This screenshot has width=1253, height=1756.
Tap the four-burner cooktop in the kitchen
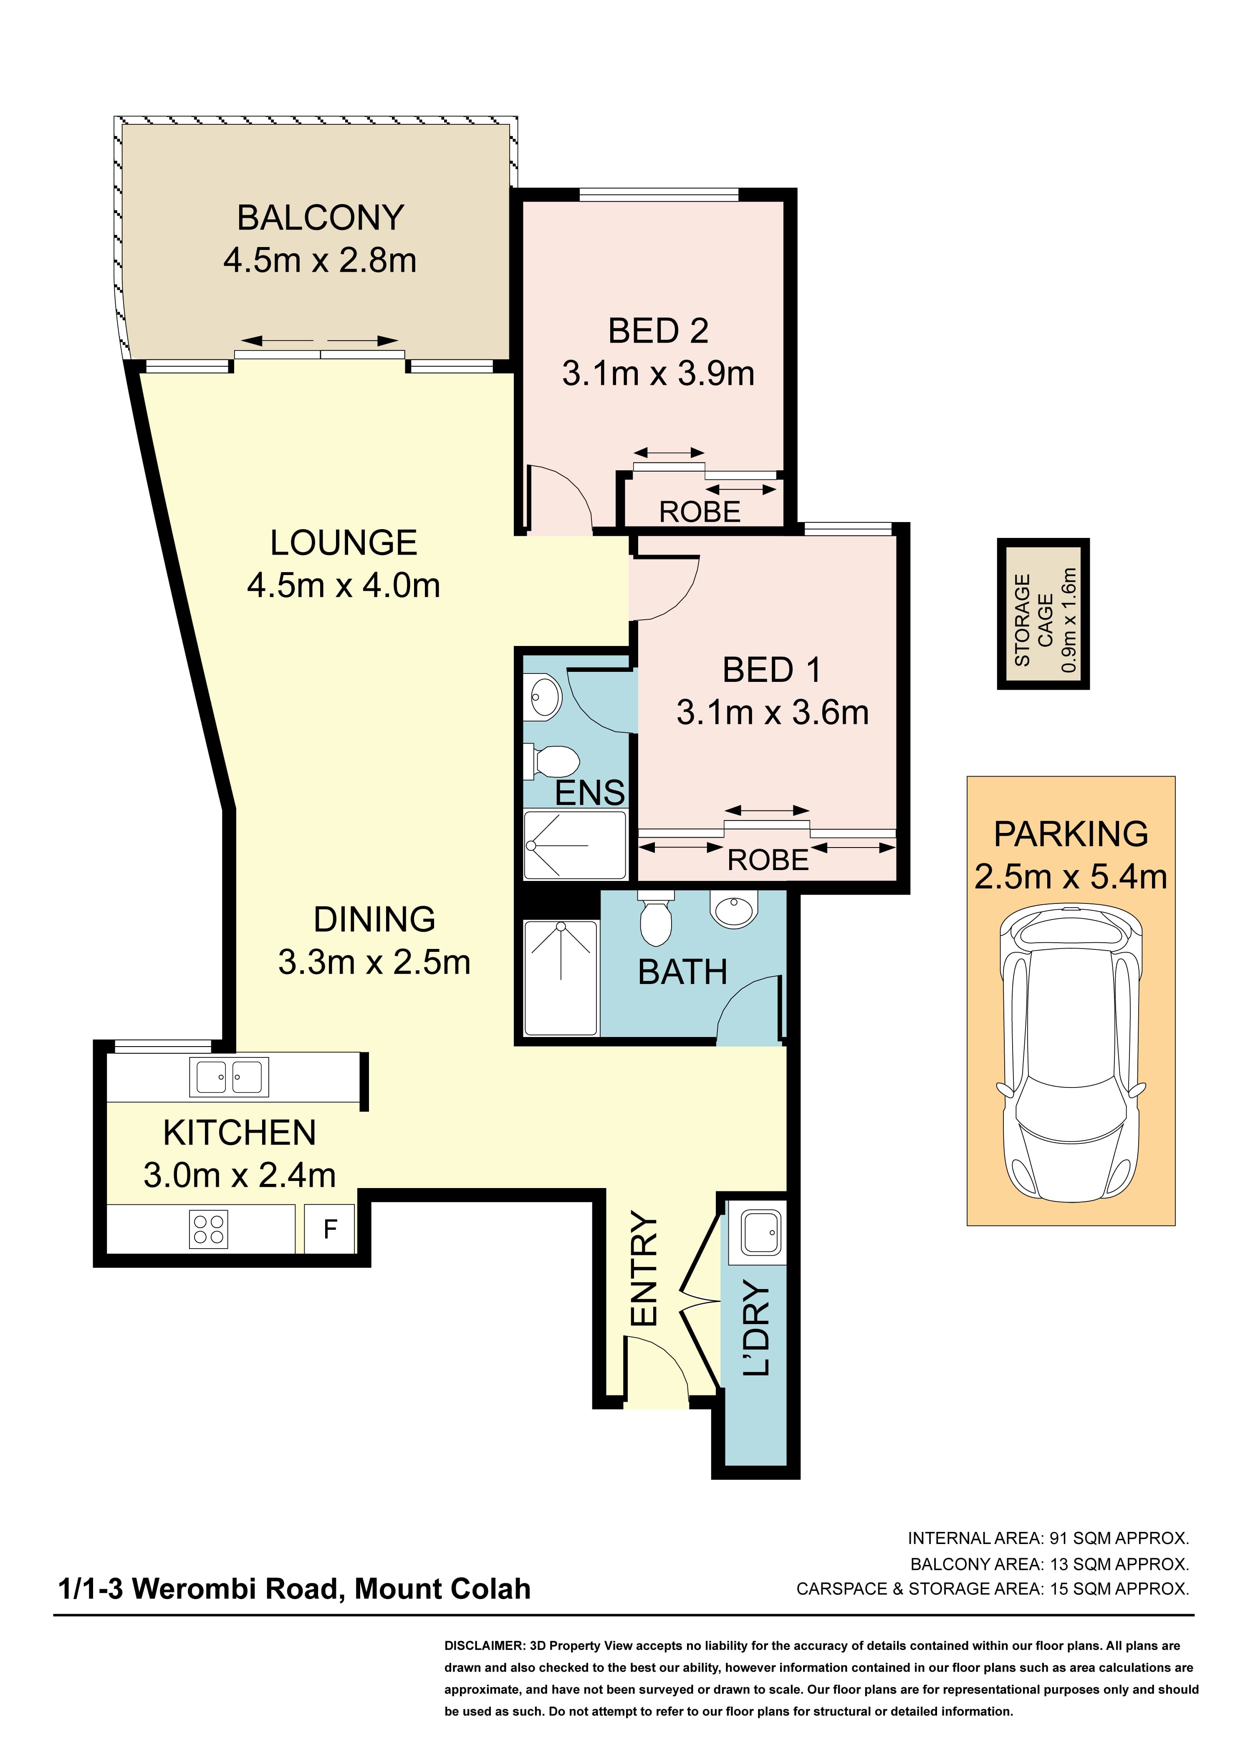coord(208,1229)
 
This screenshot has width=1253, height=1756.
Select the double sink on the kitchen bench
coord(229,1077)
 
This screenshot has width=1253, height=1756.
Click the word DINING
coord(374,919)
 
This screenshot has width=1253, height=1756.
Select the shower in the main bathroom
coord(561,978)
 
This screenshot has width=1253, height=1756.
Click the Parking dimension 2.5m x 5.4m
coord(1071,877)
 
